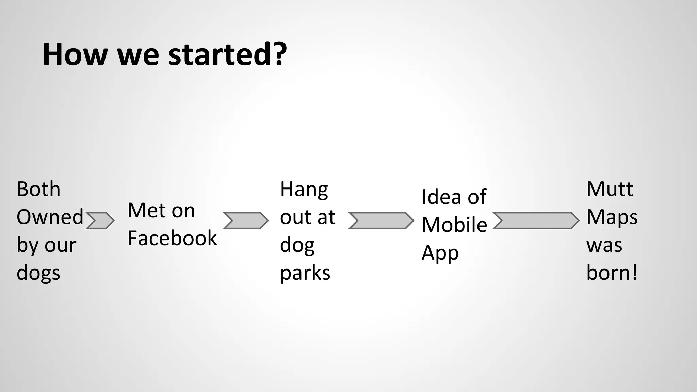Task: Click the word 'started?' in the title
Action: pos(227,54)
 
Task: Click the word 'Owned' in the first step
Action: pos(50,217)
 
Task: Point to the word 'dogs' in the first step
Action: pos(38,273)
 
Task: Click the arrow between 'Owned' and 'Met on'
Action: pos(100,220)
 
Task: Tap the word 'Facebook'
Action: pos(172,238)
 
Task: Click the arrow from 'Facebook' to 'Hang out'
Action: pos(246,220)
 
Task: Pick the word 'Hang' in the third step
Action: pos(304,189)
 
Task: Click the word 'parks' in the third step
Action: pos(305,273)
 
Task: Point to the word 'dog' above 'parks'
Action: pos(297,245)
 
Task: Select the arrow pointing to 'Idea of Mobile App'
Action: pos(381,220)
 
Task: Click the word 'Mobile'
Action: pos(454,225)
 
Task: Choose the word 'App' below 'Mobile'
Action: pos(440,253)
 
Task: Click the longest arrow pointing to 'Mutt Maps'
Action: pos(536,220)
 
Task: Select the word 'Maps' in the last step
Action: pos(612,217)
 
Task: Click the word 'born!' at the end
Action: pos(612,273)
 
